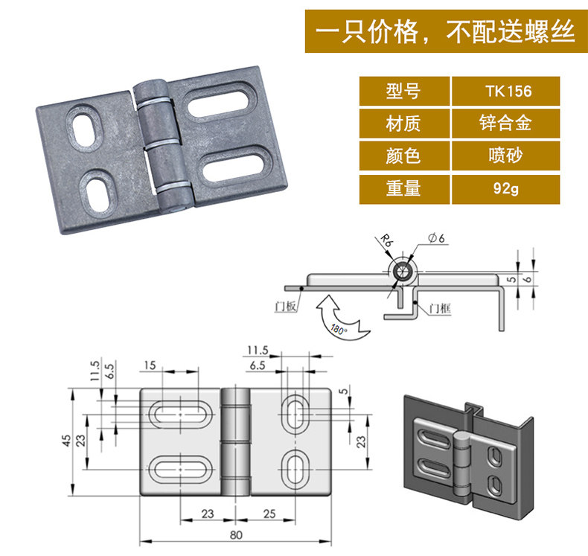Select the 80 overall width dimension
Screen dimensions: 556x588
point(236,534)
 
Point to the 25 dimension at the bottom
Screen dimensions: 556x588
point(269,514)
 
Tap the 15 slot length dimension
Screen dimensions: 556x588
point(151,365)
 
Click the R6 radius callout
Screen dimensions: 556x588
point(385,241)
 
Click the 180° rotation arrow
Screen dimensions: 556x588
point(339,316)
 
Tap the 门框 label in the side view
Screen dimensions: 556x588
point(439,307)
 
